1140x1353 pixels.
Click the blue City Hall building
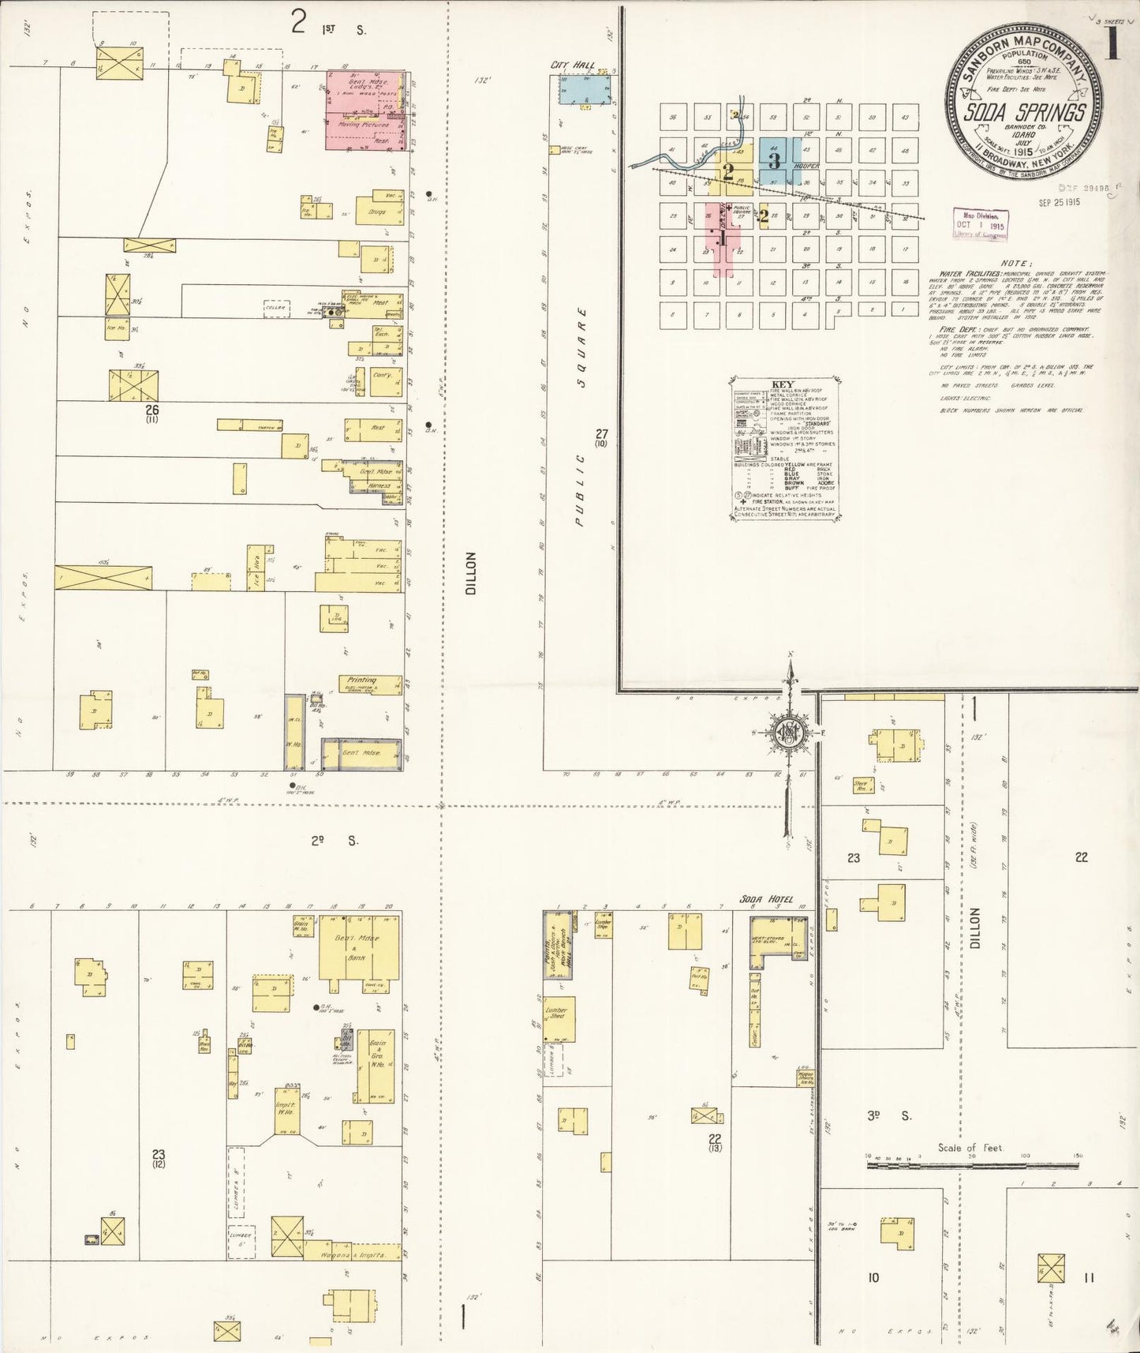(x=585, y=89)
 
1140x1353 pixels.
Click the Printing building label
(x=362, y=680)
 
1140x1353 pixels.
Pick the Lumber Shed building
(x=559, y=1019)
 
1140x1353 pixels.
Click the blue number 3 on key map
(x=775, y=160)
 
